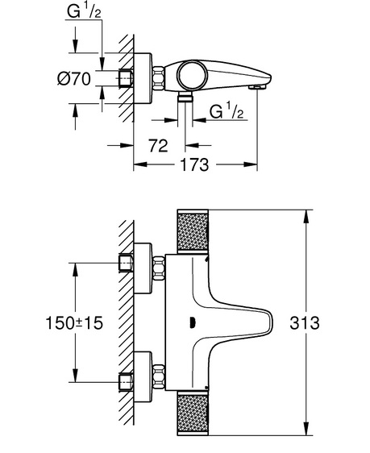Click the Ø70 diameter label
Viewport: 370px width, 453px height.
point(74,78)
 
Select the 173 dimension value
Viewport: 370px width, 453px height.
point(194,164)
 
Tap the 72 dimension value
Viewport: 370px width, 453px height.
point(158,146)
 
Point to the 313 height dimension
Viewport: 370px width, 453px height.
point(305,322)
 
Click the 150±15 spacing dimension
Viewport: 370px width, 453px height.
point(74,322)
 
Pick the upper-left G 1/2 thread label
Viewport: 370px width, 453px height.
point(85,11)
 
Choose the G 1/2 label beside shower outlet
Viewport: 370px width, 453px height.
point(227,111)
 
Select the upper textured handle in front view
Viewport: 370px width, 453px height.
point(193,231)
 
